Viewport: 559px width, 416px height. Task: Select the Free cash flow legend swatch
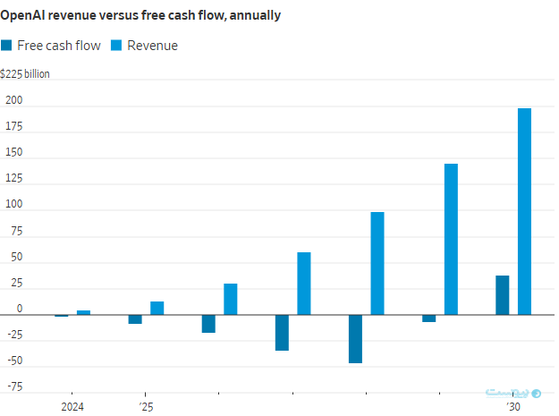coord(7,46)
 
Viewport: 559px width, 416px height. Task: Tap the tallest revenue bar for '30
coord(524,211)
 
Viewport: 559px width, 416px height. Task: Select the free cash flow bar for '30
coord(502,295)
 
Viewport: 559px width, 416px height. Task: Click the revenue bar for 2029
coord(451,239)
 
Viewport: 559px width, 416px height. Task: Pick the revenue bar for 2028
coord(377,263)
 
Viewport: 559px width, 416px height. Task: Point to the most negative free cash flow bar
coord(355,339)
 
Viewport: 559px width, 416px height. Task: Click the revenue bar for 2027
coord(304,284)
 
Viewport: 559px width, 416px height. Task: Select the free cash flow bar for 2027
coord(282,333)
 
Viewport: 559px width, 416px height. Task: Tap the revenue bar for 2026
coord(231,299)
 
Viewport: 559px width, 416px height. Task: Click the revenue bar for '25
coord(157,308)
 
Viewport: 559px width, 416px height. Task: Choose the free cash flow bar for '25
coord(135,319)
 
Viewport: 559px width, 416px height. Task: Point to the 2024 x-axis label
coord(72,407)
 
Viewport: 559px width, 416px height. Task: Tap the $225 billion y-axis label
coord(25,73)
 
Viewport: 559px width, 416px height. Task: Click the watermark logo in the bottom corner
coord(513,393)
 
